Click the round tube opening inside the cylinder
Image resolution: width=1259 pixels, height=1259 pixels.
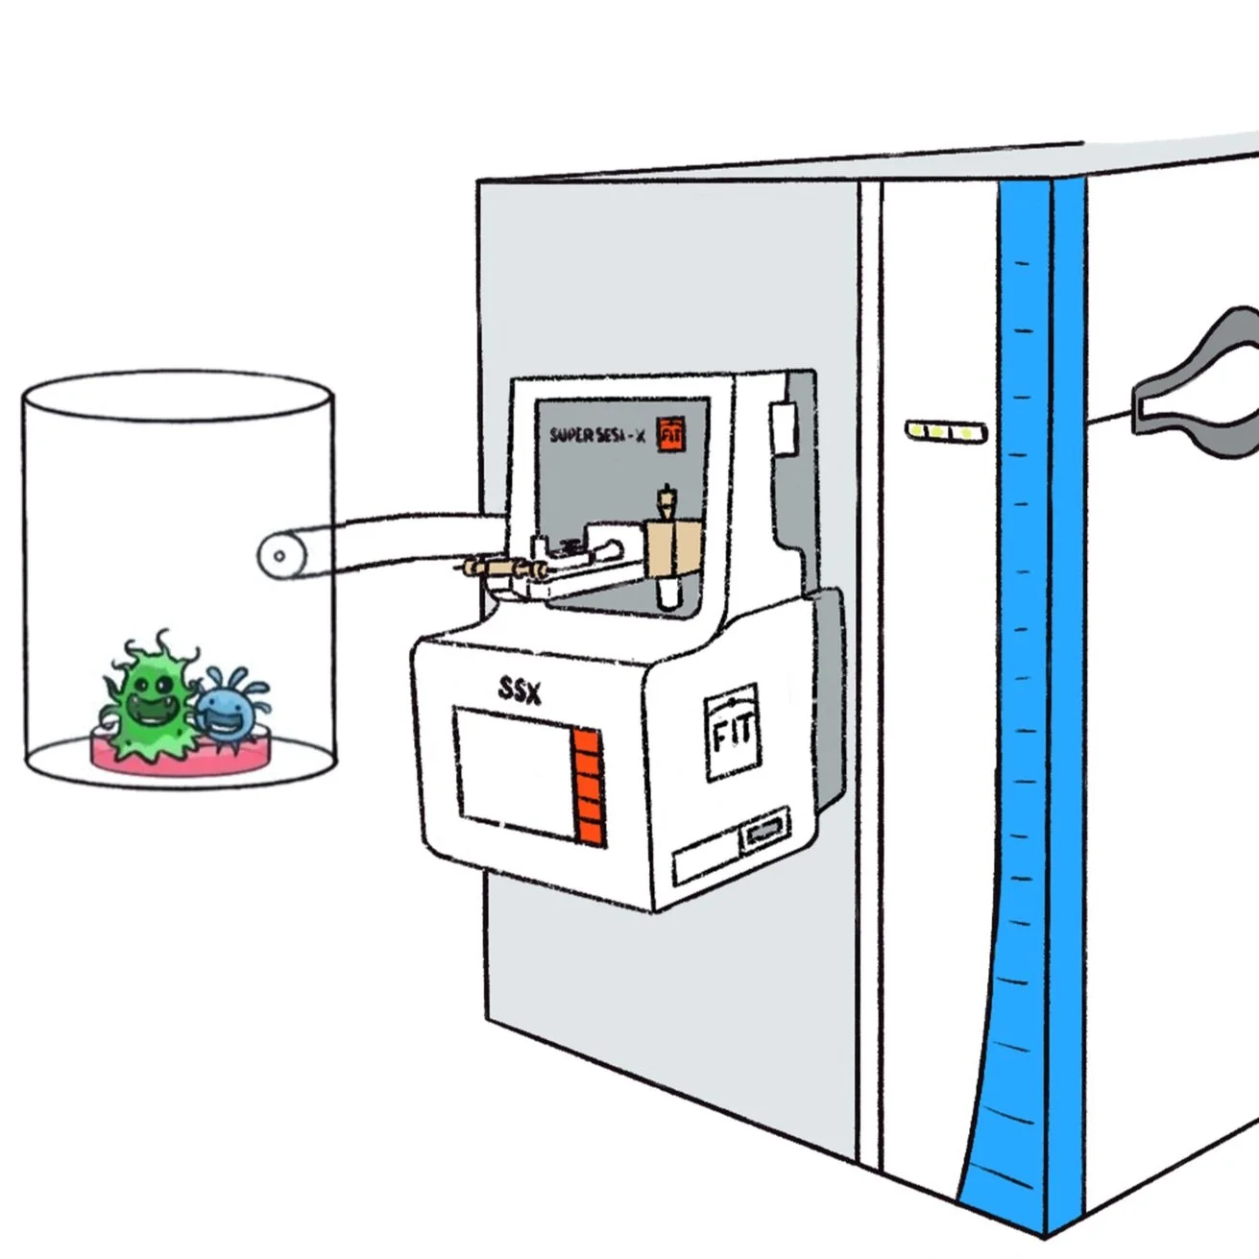point(278,555)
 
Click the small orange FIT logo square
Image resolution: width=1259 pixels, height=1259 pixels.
point(670,435)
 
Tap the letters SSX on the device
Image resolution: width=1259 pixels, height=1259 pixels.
point(520,689)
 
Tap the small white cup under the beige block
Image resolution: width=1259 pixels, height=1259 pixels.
point(668,595)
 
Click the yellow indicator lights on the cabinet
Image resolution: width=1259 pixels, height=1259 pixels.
point(946,432)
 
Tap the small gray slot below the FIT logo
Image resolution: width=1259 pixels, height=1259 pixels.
point(764,833)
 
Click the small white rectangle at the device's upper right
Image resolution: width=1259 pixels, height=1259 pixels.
point(783,427)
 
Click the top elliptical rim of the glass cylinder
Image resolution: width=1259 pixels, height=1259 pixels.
point(178,396)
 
